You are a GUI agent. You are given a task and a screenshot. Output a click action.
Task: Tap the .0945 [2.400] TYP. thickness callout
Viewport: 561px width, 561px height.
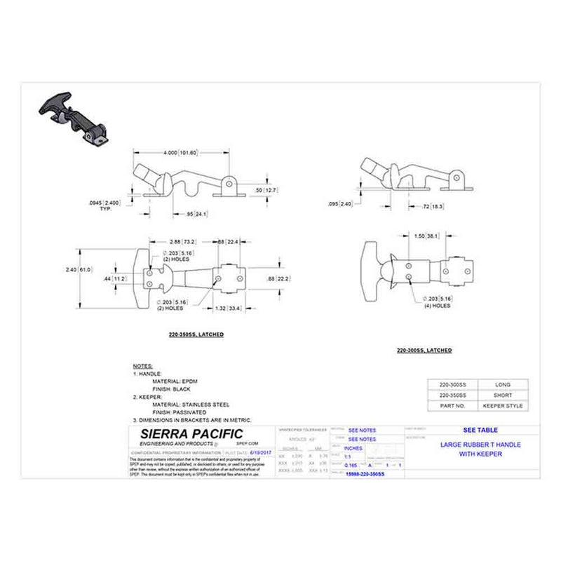click(x=104, y=205)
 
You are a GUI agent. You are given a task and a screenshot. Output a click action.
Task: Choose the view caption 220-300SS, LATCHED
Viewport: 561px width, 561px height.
click(x=424, y=350)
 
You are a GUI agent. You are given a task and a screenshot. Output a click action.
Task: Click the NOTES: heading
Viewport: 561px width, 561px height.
click(x=142, y=367)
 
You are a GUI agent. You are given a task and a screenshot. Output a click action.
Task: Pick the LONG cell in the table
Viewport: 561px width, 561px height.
click(x=503, y=384)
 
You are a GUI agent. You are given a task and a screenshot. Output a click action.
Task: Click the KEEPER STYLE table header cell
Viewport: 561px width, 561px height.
click(x=503, y=406)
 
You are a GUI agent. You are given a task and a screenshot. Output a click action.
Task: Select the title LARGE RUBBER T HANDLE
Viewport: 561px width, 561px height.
click(x=480, y=445)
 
